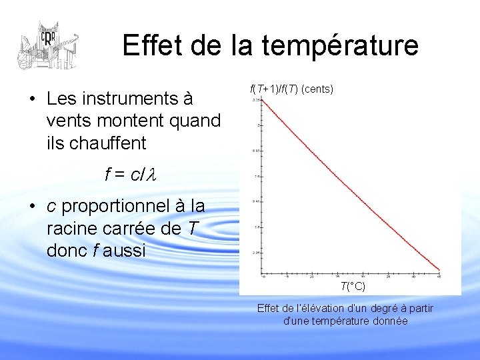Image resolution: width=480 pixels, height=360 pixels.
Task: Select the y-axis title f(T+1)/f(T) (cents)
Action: point(291,89)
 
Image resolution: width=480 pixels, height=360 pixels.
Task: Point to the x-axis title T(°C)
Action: point(353,287)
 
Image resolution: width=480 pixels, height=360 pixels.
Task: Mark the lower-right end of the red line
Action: point(439,271)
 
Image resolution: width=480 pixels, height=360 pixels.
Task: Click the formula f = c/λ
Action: point(129,175)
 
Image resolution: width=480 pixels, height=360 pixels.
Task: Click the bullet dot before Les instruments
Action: point(32,99)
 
